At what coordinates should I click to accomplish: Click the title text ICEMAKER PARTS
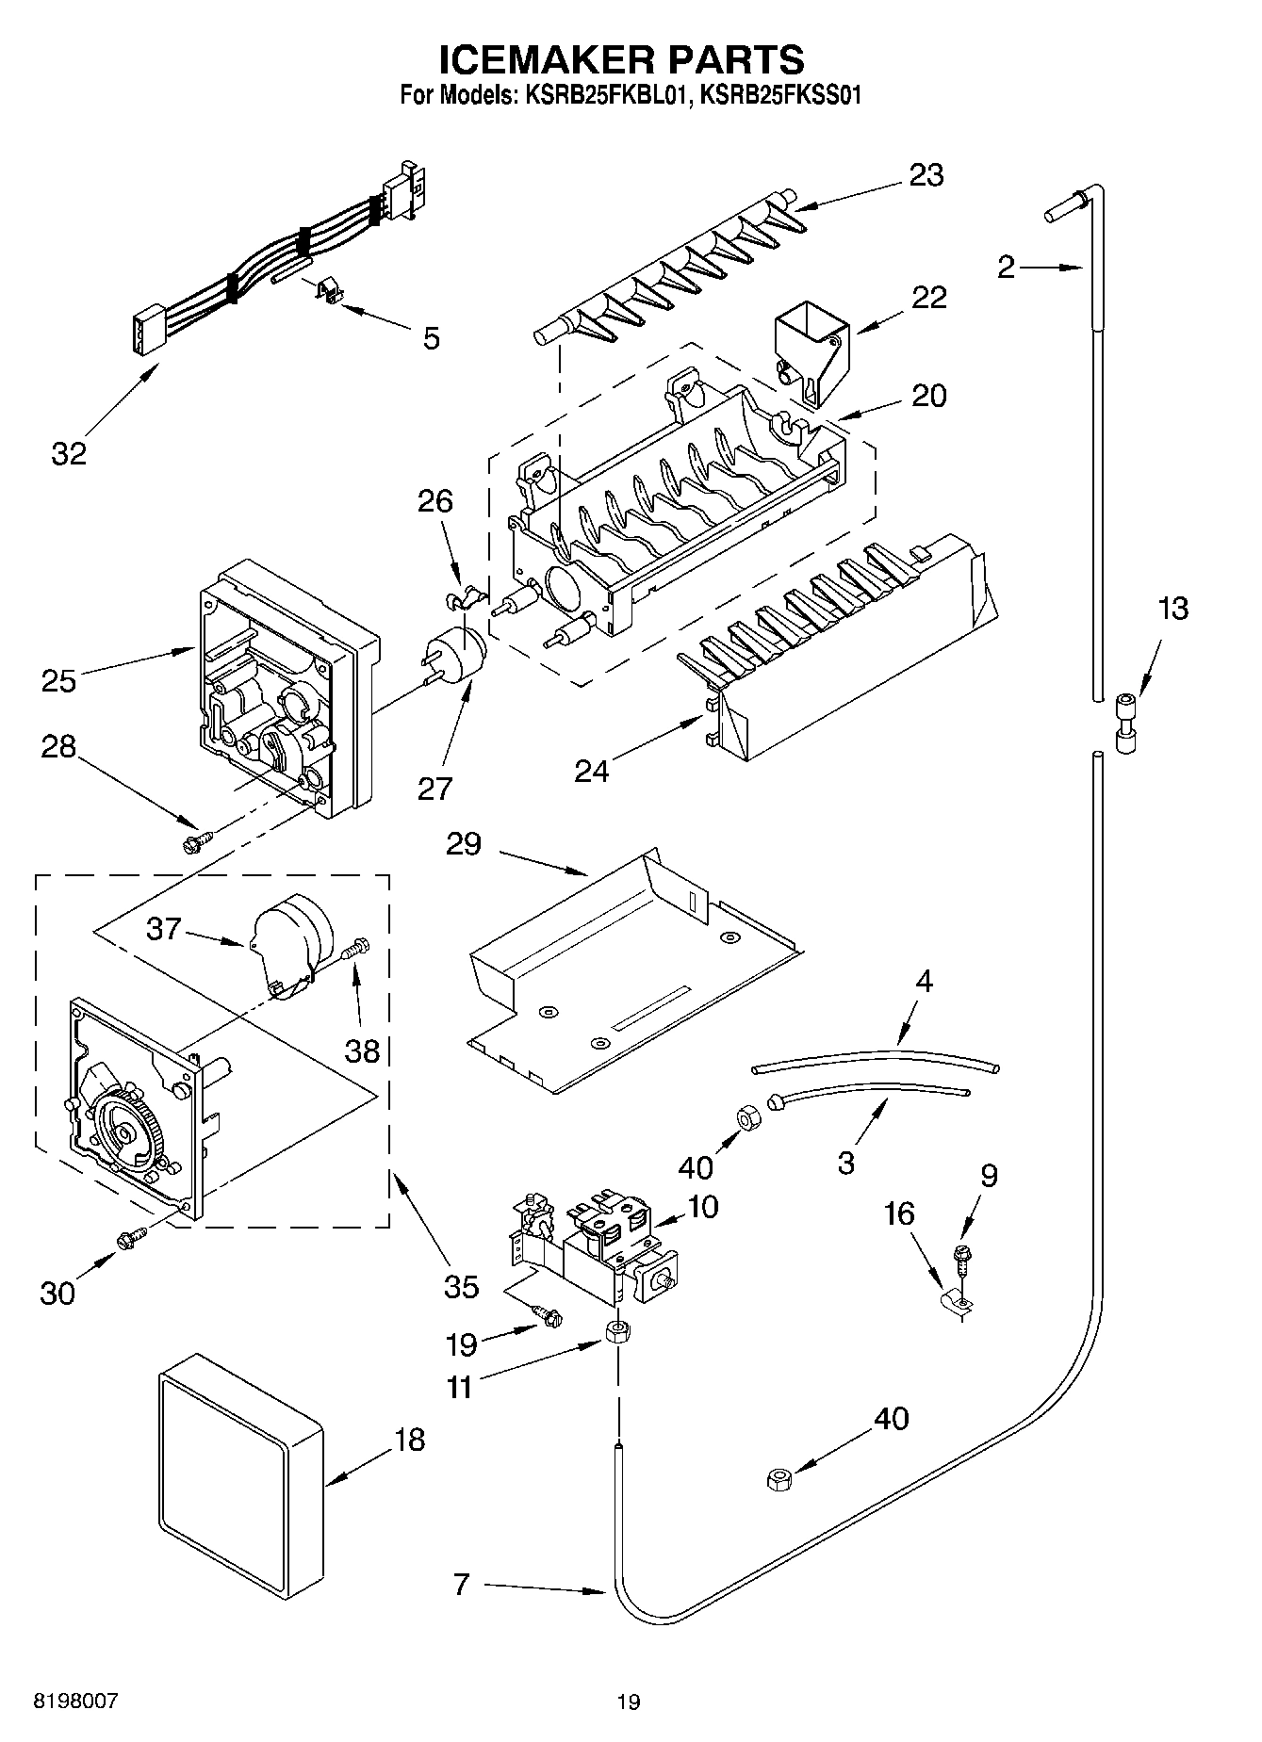(622, 58)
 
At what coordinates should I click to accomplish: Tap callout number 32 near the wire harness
(68, 453)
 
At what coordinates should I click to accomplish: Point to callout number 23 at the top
(926, 175)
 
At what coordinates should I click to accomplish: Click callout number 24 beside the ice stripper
(592, 771)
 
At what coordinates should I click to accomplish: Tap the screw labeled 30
(130, 1239)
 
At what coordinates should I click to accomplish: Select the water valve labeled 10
(603, 1242)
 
